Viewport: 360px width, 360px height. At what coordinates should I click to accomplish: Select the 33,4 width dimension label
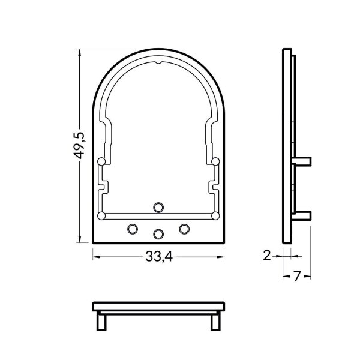tap(158, 257)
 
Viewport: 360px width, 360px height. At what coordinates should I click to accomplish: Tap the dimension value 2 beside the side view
tap(268, 256)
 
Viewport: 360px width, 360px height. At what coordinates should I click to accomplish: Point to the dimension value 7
tap(296, 277)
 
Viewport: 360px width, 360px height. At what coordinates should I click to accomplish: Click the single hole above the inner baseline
tap(158, 207)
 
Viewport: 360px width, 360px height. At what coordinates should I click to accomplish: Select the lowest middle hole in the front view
tap(158, 233)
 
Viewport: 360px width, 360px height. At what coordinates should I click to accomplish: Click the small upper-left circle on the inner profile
tap(100, 161)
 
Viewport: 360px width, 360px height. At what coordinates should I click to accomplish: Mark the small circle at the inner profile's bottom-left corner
tap(101, 215)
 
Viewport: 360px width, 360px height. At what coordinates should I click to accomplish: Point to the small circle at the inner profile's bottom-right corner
tap(215, 215)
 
